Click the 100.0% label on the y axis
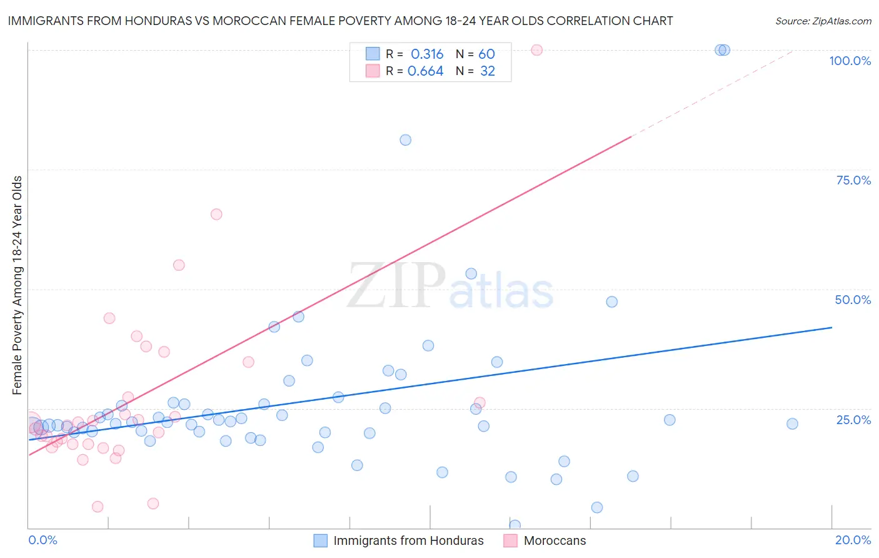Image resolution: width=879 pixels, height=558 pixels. [x=850, y=61]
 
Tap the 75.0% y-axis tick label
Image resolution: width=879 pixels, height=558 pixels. [x=853, y=180]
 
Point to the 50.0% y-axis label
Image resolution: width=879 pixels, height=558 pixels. [x=853, y=300]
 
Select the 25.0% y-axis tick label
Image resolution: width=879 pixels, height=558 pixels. [x=853, y=419]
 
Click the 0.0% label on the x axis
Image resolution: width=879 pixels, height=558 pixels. [x=43, y=540]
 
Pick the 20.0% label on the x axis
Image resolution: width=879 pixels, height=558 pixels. [x=853, y=540]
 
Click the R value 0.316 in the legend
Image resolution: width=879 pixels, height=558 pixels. [x=427, y=54]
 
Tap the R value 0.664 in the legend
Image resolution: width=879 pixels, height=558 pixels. [x=425, y=71]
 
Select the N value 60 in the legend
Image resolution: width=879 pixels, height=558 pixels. [x=486, y=54]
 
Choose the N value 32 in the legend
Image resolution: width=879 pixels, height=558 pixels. [x=488, y=71]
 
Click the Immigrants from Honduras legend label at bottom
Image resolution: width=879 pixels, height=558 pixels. [x=408, y=540]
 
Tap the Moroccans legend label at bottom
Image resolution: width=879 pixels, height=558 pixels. [x=555, y=540]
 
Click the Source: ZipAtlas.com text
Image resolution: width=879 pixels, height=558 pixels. [x=823, y=21]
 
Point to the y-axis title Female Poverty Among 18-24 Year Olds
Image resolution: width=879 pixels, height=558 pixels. [x=18, y=285]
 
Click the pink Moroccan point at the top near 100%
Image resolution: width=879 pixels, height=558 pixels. [x=536, y=50]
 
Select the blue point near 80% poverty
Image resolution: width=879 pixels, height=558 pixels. [x=406, y=140]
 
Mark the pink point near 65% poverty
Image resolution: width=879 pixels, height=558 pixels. [x=216, y=214]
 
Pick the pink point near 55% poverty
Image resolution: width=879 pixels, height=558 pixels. [x=179, y=265]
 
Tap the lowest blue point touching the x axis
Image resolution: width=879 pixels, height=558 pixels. [x=515, y=525]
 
